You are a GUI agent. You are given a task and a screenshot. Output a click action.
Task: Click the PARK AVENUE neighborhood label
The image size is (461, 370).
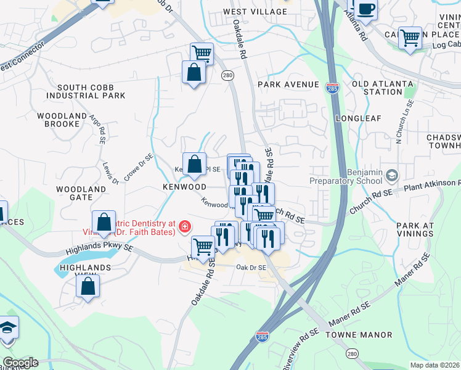pyautogui.click(x=288, y=84)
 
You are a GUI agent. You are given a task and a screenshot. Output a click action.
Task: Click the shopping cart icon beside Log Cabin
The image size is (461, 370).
pyautogui.click(x=409, y=38)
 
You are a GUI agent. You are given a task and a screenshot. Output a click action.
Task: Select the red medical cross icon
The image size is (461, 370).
pyautogui.click(x=184, y=228)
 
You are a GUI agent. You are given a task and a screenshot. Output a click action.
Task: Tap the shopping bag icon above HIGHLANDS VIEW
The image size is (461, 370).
pyautogui.click(x=88, y=286)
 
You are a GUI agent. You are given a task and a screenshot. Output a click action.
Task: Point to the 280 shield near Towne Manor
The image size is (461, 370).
pyautogui.click(x=352, y=354)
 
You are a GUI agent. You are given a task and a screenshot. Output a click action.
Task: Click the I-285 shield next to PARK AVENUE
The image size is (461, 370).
pyautogui.click(x=332, y=89)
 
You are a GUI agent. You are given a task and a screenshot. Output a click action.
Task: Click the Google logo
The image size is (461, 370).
pyautogui.click(x=20, y=363)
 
